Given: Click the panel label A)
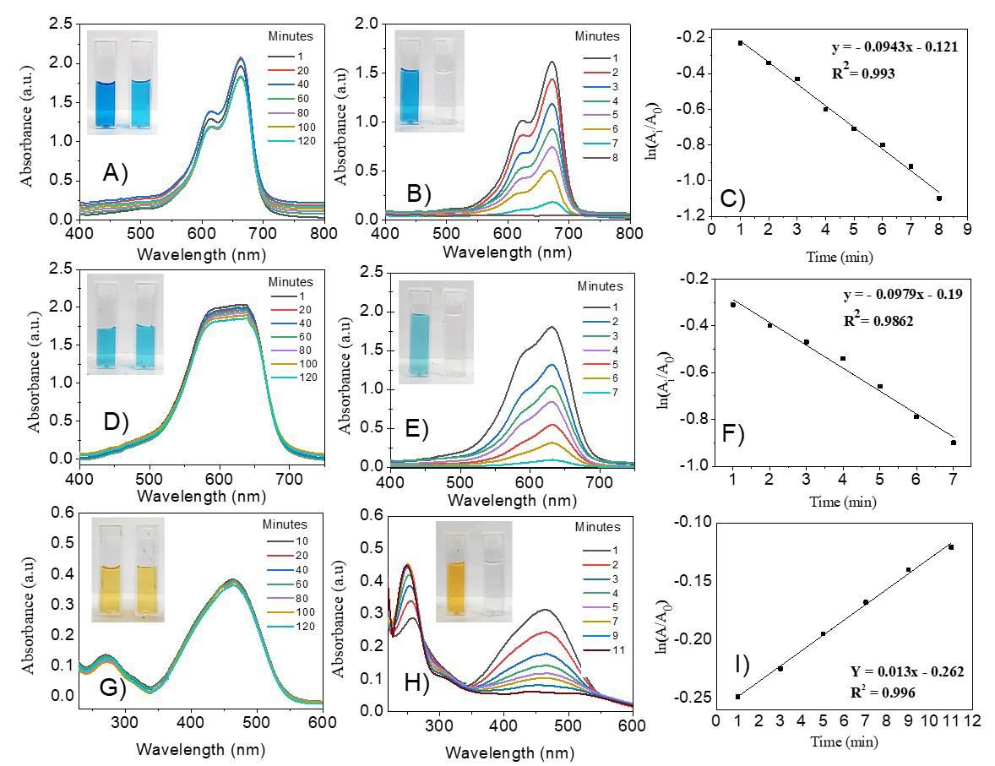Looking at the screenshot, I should click(116, 173).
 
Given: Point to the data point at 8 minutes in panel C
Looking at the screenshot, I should click(938, 198).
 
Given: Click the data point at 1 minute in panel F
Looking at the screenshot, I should click(733, 304).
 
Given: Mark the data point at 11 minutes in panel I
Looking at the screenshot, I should click(951, 547).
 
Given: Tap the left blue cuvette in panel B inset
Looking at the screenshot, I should click(410, 83).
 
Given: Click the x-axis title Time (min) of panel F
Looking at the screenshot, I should click(842, 502).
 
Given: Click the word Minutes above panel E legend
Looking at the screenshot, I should click(599, 287).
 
